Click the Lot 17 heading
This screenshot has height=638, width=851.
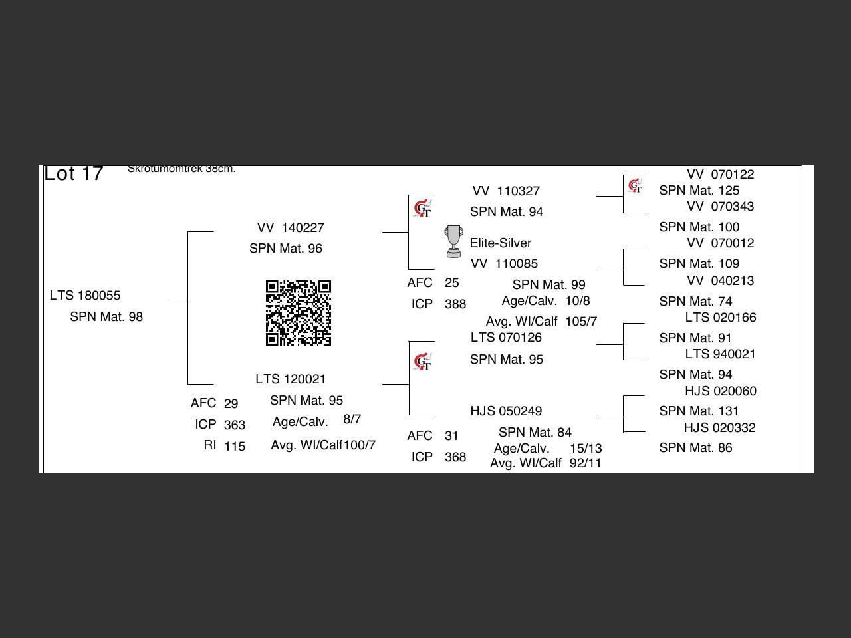(x=74, y=173)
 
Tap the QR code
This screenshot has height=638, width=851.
(x=299, y=313)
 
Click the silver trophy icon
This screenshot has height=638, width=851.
(x=453, y=241)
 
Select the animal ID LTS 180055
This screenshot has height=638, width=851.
(x=85, y=296)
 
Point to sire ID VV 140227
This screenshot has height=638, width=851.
(x=291, y=228)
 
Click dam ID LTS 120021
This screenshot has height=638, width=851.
(x=291, y=379)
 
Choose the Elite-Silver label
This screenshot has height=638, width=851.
(x=501, y=243)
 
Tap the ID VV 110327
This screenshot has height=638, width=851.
(x=506, y=191)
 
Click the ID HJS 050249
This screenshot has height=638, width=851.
(x=506, y=411)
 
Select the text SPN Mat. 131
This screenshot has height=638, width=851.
(x=699, y=411)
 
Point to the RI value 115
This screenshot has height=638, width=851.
(x=235, y=447)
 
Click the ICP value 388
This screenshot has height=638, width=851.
(x=455, y=304)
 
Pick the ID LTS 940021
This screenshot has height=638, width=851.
(x=721, y=354)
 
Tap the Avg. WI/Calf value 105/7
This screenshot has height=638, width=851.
(x=581, y=322)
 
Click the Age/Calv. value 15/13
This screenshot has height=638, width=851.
(x=586, y=449)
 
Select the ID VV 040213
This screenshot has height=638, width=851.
(x=721, y=281)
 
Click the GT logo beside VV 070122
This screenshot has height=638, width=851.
(x=635, y=186)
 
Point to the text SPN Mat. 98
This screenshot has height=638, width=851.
(x=106, y=317)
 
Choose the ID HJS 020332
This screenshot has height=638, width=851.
(x=720, y=428)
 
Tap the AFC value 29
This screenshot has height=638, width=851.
(x=231, y=404)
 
